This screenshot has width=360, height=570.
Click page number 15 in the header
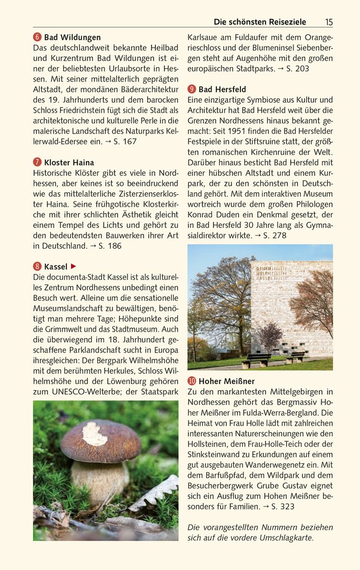coord(328,22)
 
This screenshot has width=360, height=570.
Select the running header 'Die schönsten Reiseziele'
coord(260,22)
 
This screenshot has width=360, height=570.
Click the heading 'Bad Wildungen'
coord(73,37)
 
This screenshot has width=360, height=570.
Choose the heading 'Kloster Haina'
coord(69,163)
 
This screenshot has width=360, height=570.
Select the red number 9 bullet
coord(191,89)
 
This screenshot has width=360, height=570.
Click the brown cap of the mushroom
coord(101,440)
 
